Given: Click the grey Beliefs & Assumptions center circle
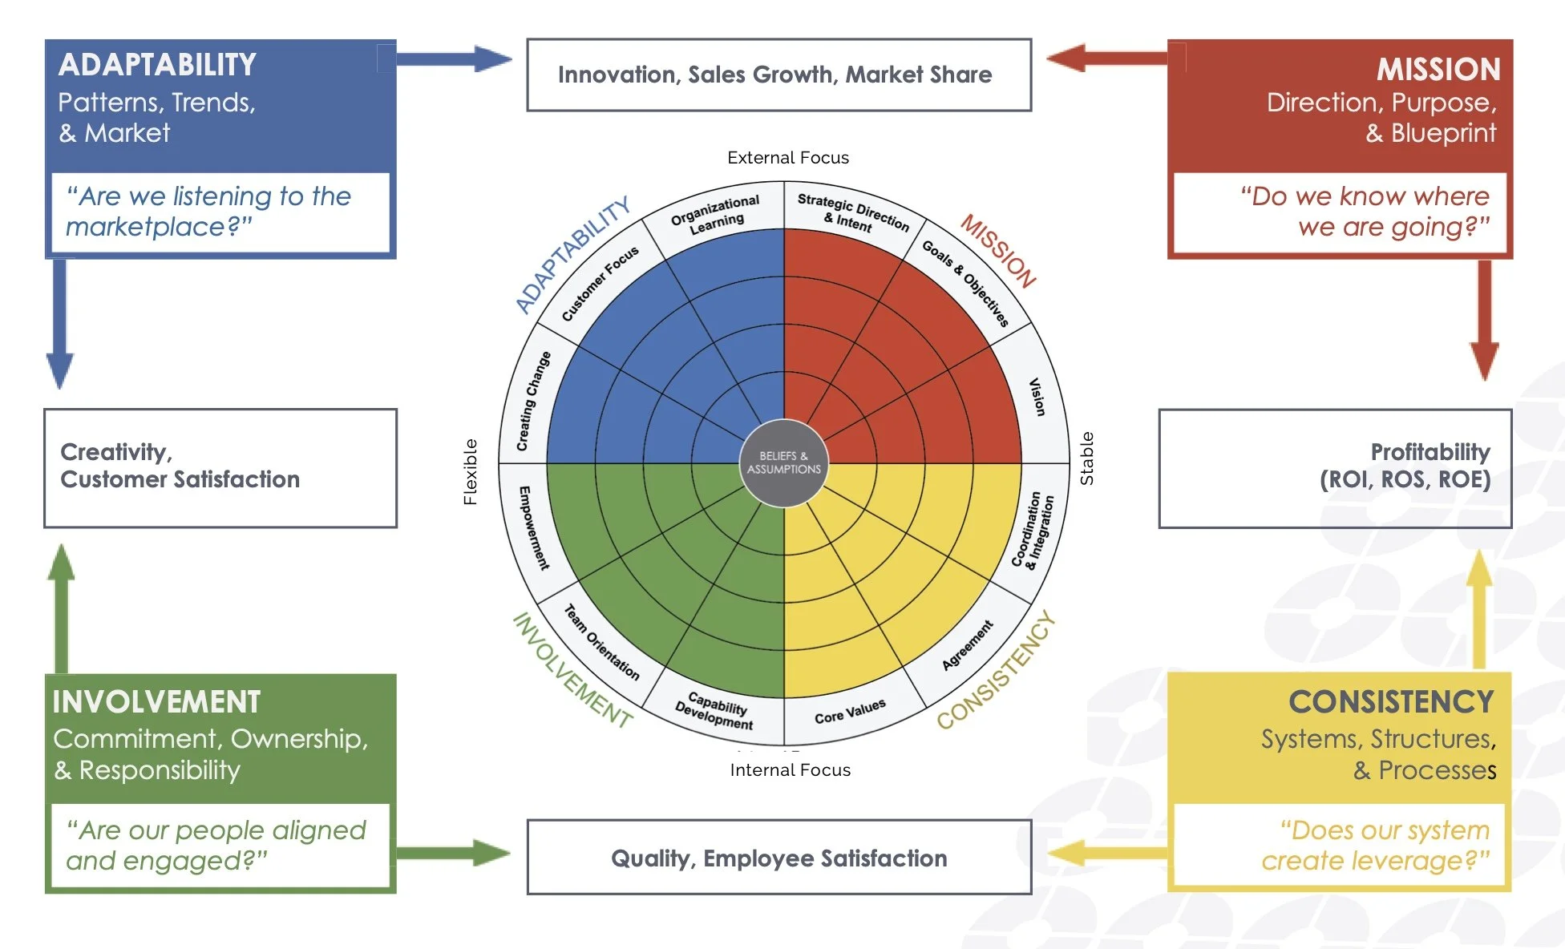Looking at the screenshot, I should [783, 462].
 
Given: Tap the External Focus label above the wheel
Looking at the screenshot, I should [787, 158].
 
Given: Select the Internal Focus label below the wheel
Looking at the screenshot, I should [790, 770].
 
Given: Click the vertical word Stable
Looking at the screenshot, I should [1086, 458].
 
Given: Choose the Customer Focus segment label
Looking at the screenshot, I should [600, 284].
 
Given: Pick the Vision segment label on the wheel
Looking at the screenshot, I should [1037, 397].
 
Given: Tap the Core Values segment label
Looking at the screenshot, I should [850, 711].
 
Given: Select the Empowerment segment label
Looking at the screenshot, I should [533, 527].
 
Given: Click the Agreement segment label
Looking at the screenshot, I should [967, 644].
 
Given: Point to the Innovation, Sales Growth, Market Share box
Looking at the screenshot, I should [778, 75].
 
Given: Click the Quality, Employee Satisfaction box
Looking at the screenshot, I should [778, 858].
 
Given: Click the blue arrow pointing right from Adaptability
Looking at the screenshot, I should [454, 59].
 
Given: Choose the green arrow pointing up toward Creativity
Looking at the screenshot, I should [61, 609].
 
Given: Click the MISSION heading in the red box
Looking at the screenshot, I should [1438, 69].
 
